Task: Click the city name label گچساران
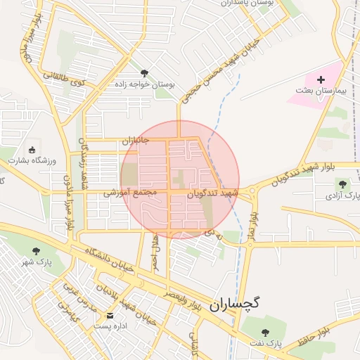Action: click(235, 304)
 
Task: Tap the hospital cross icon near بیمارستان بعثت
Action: click(321, 80)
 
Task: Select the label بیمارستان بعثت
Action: click(322, 92)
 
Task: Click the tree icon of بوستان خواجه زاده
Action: click(145, 72)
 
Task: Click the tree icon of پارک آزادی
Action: click(342, 184)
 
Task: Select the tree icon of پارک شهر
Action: click(37, 250)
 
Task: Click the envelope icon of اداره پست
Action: click(109, 315)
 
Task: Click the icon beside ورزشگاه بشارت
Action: click(31, 149)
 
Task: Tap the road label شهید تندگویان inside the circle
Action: click(214, 192)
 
